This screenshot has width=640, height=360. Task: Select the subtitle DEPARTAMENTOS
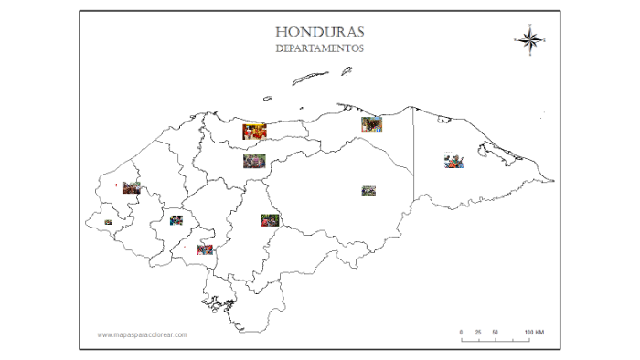pos(320,48)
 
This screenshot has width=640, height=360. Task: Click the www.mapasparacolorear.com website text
pos(143,334)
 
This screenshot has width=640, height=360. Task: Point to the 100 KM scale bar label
pos(535,331)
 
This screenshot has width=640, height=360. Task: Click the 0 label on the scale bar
pos(462,331)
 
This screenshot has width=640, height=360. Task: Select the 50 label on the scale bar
pos(495,331)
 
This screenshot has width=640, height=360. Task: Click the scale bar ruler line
pos(496,339)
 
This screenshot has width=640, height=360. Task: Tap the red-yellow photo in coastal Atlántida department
pos(254,132)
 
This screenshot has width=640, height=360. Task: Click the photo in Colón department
pos(371,124)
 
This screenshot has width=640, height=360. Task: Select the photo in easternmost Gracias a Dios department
pos(454,161)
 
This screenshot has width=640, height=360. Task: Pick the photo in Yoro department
pos(255,162)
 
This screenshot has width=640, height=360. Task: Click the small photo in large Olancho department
pos(368,191)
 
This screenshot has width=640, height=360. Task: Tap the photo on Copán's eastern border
pos(131,188)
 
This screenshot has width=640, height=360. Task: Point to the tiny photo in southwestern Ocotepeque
pos(108,222)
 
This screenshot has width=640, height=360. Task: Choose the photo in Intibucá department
pos(176,219)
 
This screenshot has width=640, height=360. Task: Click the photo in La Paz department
pos(205,249)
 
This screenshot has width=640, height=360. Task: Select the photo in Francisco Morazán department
pos(269,220)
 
